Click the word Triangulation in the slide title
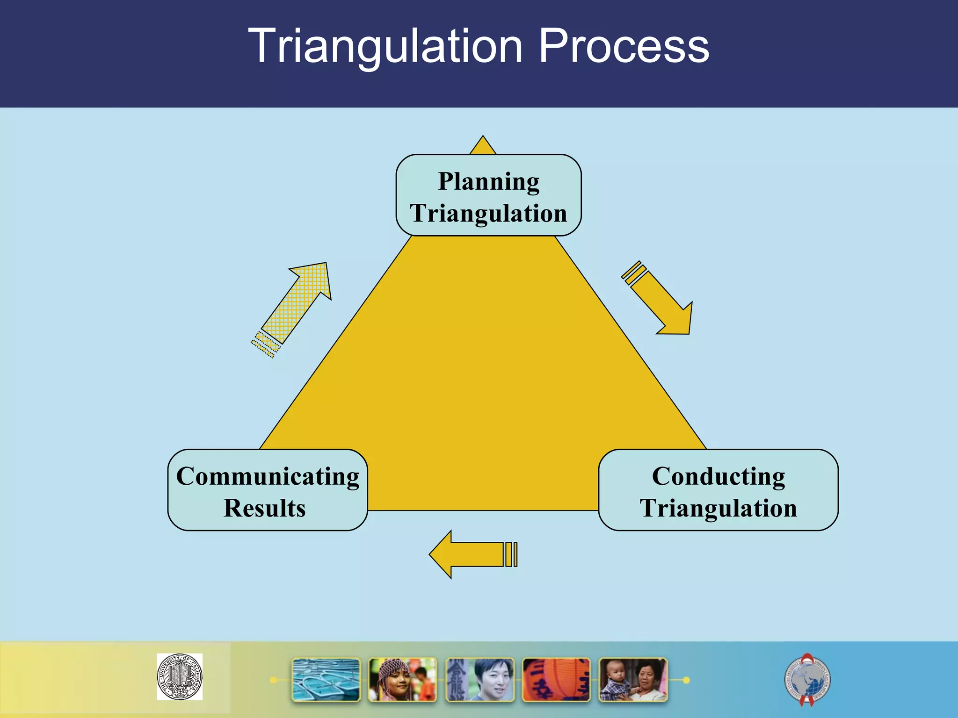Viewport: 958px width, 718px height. click(385, 47)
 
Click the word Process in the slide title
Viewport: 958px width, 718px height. click(624, 47)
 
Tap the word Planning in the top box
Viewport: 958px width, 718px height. click(488, 181)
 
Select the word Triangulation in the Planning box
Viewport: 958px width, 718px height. click(488, 213)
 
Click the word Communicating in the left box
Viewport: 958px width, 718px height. click(268, 477)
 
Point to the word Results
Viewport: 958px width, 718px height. click(265, 508)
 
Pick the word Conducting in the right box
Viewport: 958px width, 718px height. click(718, 477)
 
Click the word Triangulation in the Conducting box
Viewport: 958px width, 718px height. click(718, 508)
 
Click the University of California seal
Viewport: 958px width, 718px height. click(180, 676)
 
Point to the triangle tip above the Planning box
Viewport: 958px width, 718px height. click(483, 145)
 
